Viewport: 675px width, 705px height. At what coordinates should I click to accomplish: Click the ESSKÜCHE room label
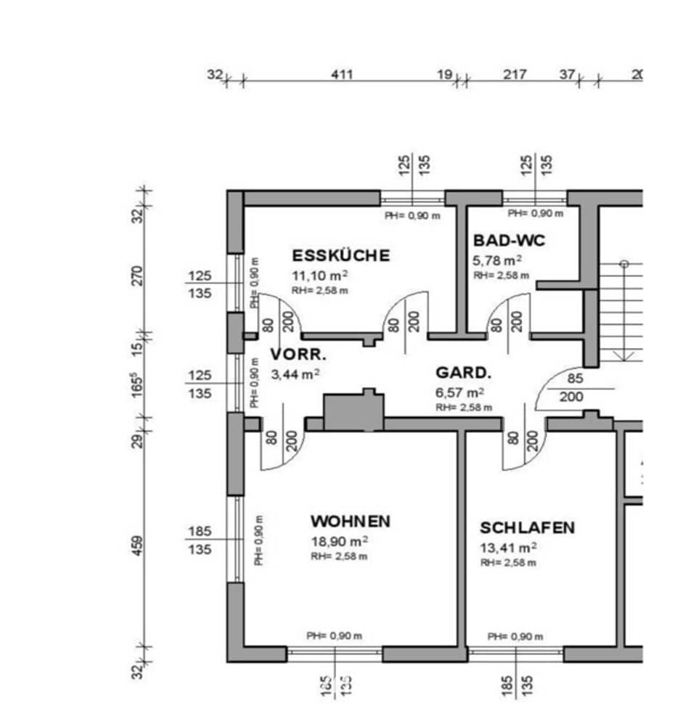pyautogui.click(x=340, y=255)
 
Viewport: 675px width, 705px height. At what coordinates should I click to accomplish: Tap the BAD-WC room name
pyautogui.click(x=509, y=240)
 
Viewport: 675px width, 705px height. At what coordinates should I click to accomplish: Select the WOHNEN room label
pyautogui.click(x=350, y=521)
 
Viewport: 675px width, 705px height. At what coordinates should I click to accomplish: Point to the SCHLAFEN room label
pyautogui.click(x=527, y=527)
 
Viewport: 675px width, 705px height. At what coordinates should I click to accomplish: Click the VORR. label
pyautogui.click(x=298, y=355)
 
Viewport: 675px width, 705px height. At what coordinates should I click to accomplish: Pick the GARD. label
pyautogui.click(x=463, y=374)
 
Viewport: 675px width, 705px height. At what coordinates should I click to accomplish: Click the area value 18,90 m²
pyautogui.click(x=339, y=542)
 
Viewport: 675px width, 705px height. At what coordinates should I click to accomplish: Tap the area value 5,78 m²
pyautogui.click(x=498, y=260)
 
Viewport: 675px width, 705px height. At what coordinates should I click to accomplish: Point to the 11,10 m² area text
pyautogui.click(x=319, y=276)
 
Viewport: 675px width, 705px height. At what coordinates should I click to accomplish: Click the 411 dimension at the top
pyautogui.click(x=341, y=74)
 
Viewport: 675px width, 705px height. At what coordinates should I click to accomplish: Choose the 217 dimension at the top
pyautogui.click(x=514, y=74)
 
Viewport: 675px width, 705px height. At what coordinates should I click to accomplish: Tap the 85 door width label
pyautogui.click(x=575, y=378)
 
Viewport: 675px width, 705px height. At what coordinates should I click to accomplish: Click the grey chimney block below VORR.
pyautogui.click(x=353, y=412)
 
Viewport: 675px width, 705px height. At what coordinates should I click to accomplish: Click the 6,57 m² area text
pyautogui.click(x=460, y=392)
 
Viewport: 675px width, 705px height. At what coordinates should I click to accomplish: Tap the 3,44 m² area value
pyautogui.click(x=295, y=374)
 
